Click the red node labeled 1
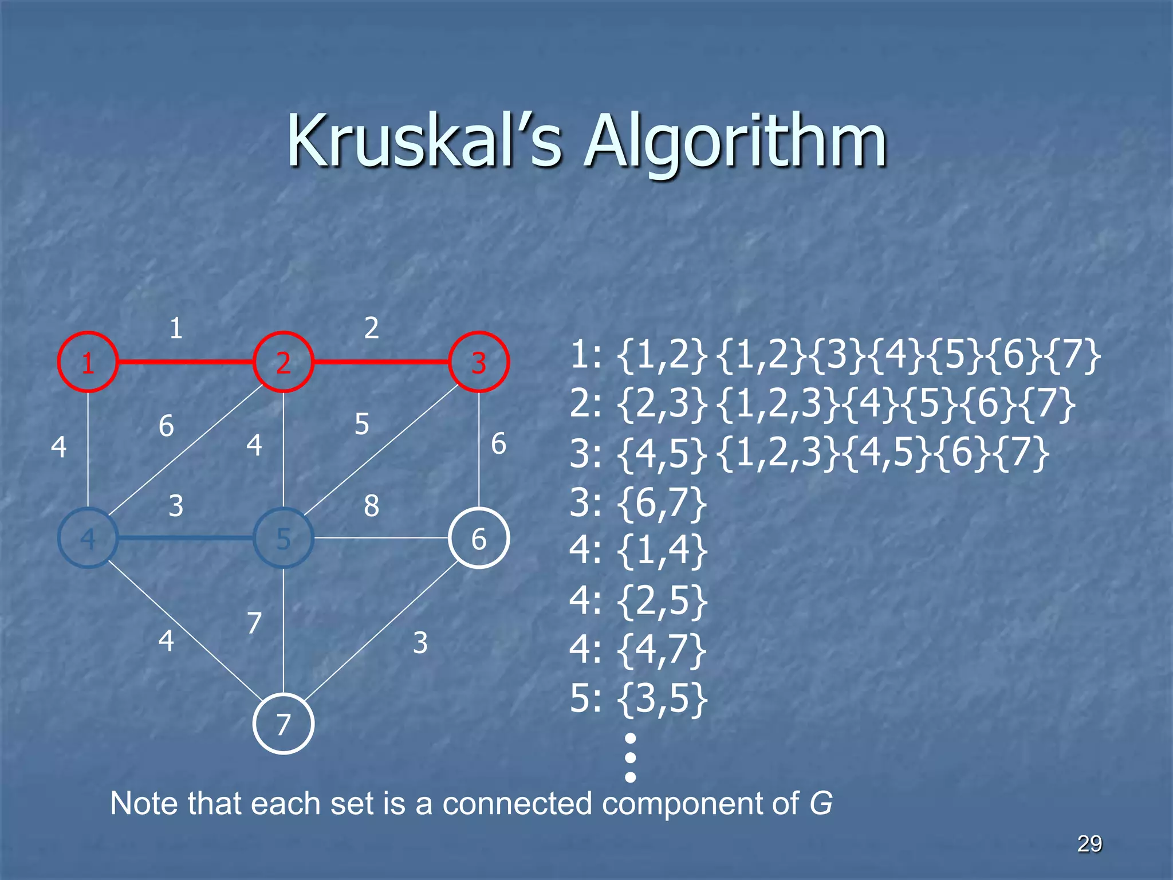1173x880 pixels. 88,362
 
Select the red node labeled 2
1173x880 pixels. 283,362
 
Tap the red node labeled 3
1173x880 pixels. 479,362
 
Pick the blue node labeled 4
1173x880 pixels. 88,538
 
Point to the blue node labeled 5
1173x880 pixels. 283,538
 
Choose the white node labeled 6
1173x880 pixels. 479,538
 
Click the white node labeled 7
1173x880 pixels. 283,724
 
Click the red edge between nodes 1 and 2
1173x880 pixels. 186,362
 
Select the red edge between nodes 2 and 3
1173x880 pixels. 381,362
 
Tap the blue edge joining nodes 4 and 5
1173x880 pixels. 186,538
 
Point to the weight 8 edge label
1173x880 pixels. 371,505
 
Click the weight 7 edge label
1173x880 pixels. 254,622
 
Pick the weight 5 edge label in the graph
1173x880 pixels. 361,424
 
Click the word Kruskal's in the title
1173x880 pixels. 424,141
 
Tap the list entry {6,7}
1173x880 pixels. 662,504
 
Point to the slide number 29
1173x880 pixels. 1089,843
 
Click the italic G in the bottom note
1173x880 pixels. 820,803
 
